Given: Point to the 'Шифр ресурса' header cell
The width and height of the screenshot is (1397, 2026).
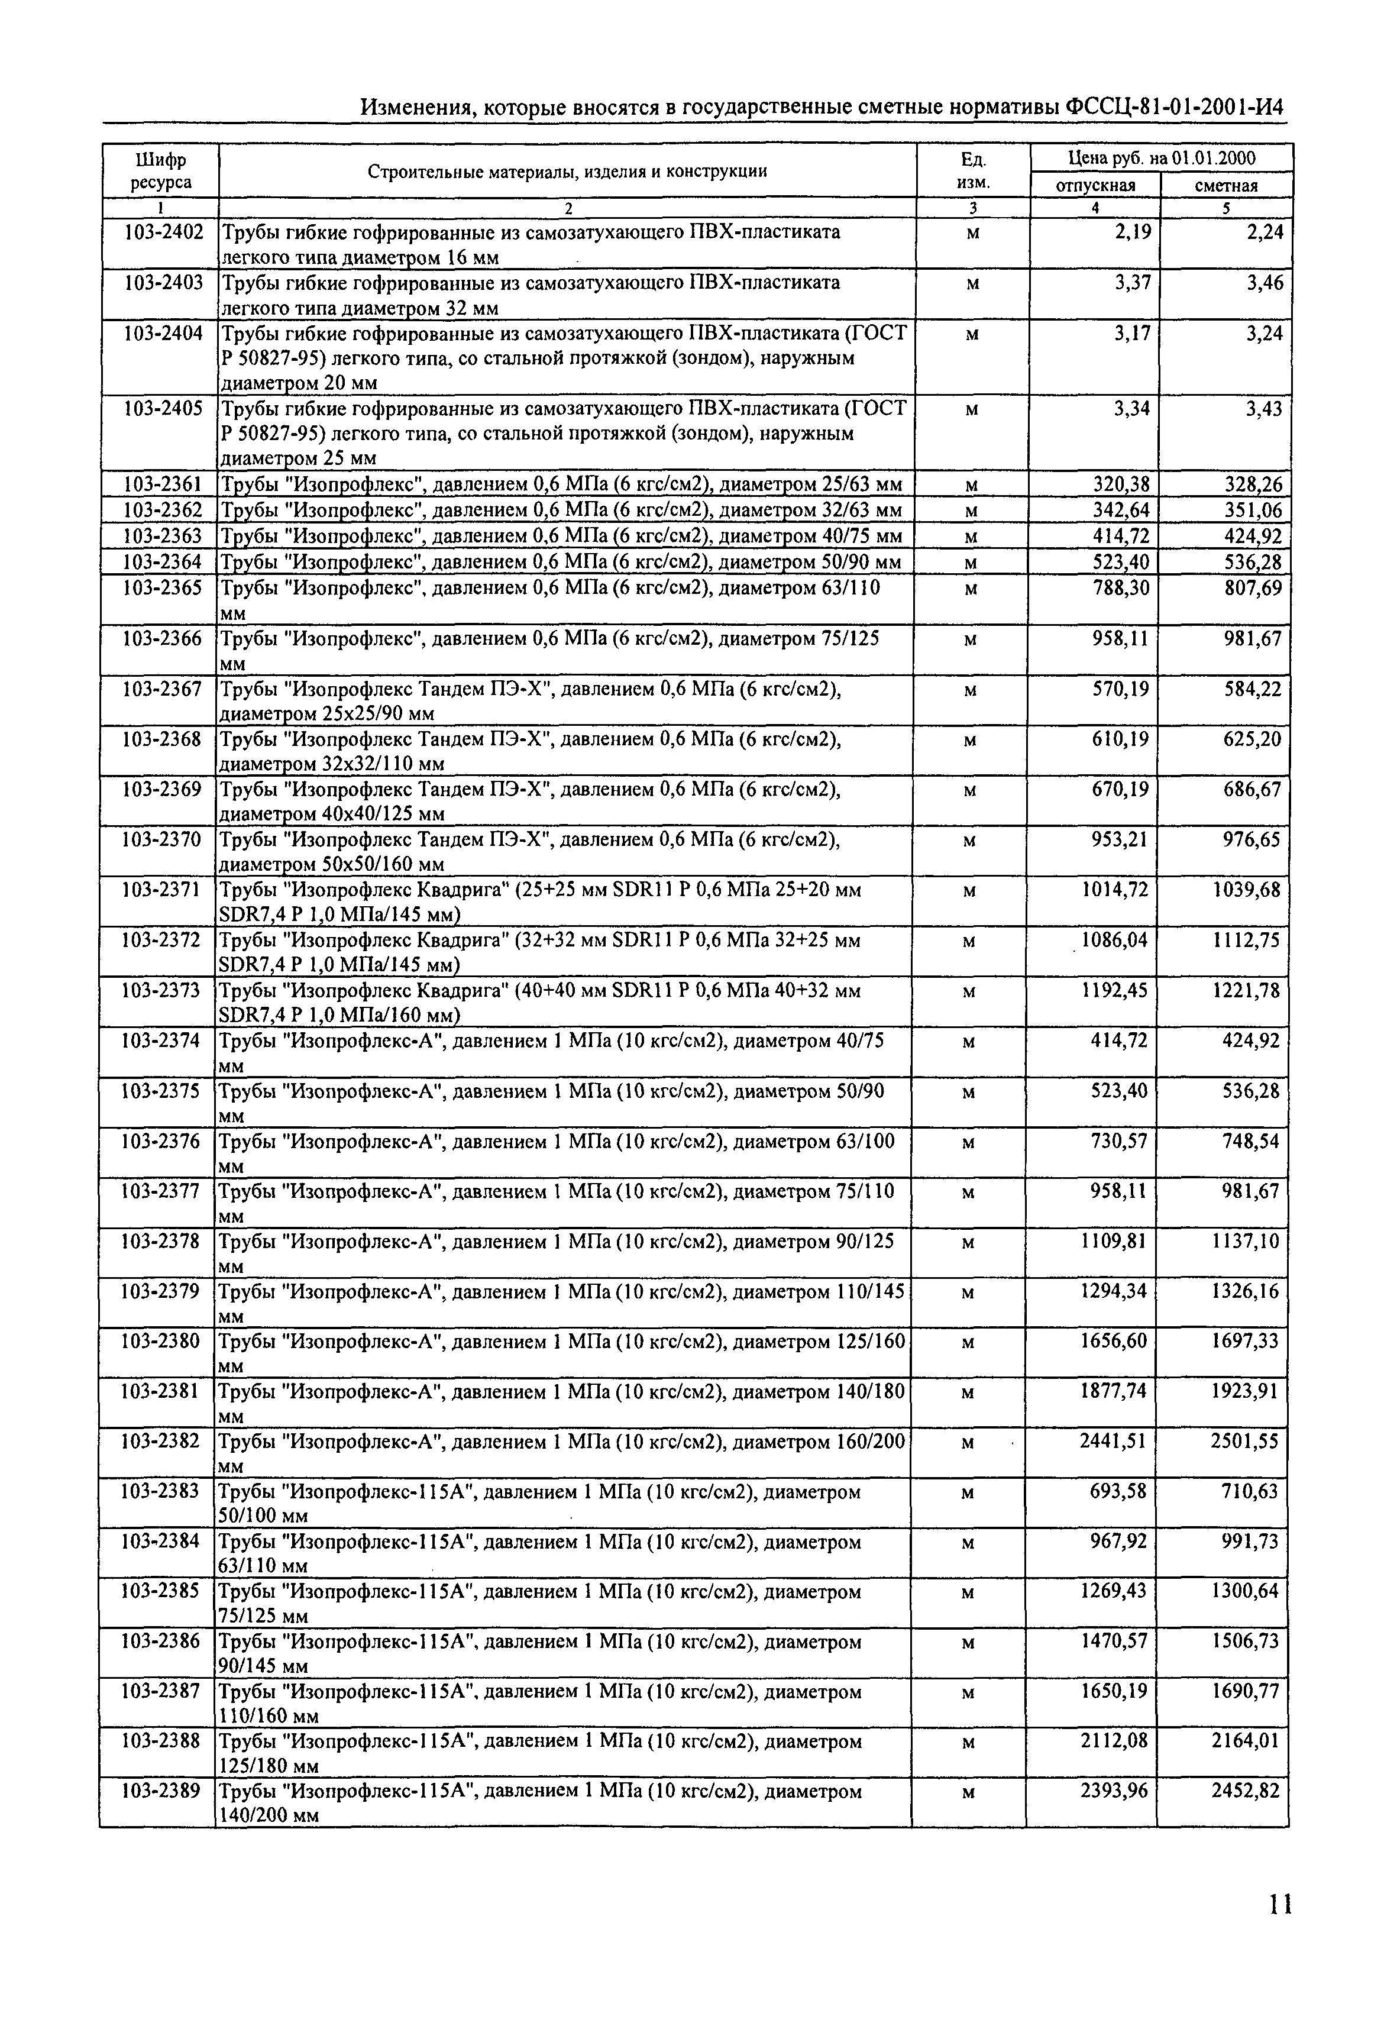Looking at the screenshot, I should click(x=161, y=171).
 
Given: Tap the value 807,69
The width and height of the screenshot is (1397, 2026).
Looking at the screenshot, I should click(x=1253, y=589).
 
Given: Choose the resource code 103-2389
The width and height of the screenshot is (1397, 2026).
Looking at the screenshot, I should click(x=160, y=1791).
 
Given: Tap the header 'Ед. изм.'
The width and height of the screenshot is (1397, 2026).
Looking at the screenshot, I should click(x=974, y=171).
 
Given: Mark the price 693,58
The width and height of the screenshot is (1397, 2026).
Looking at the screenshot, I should click(x=1118, y=1491).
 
